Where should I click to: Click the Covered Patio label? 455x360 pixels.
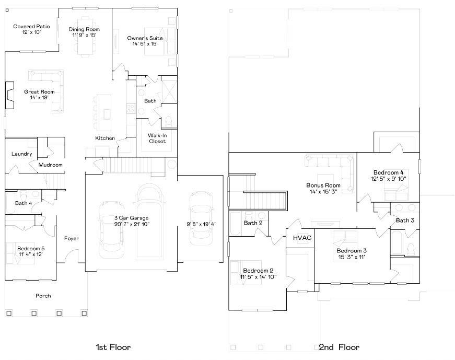[x=31, y=26]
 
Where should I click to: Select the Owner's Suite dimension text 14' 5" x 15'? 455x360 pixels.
[x=145, y=44]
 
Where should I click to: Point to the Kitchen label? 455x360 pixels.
[x=104, y=138]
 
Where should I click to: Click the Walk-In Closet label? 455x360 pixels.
[x=157, y=138]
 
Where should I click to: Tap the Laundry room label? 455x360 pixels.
[x=21, y=154]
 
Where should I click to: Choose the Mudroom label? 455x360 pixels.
[x=50, y=165]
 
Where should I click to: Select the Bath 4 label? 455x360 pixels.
[x=24, y=203]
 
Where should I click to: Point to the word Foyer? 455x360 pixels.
[x=72, y=238]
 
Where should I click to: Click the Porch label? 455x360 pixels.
[x=43, y=296]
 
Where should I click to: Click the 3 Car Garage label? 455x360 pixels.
[x=131, y=217]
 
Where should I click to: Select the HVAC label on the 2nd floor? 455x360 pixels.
[x=302, y=238]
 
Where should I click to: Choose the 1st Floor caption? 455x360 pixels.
[x=113, y=347]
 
